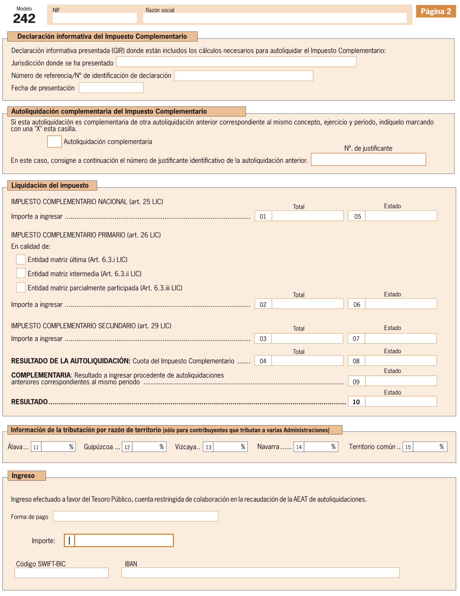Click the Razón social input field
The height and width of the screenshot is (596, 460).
[275, 18]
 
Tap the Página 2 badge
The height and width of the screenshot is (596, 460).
[436, 11]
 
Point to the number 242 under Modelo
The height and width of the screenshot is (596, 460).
[24, 19]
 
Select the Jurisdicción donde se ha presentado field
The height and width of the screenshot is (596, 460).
[236, 62]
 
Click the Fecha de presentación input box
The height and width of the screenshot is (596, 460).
[111, 88]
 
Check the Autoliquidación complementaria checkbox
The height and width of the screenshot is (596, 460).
[54, 142]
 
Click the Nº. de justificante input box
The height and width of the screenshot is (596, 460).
[368, 159]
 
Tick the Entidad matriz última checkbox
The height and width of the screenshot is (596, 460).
[21, 259]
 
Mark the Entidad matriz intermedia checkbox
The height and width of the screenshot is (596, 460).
[21, 273]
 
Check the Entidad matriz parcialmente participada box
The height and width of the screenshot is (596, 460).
[21, 287]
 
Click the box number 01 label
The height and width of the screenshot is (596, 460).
[263, 216]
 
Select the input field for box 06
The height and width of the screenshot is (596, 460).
[400, 304]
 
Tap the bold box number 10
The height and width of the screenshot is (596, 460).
[356, 402]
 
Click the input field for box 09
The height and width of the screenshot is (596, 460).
[400, 381]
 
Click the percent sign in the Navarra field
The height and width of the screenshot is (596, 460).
[333, 447]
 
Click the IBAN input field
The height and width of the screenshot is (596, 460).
[260, 573]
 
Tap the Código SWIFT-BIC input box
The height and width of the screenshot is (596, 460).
[61, 573]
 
